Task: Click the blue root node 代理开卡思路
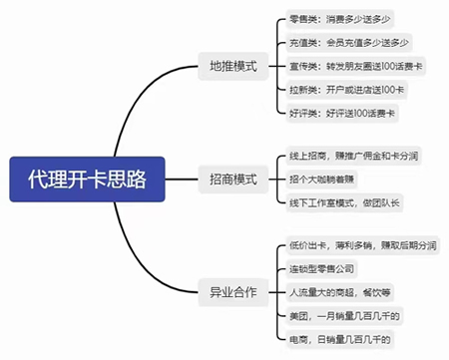(x=88, y=180)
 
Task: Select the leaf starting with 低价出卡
(x=360, y=245)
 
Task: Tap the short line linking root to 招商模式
(x=183, y=180)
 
